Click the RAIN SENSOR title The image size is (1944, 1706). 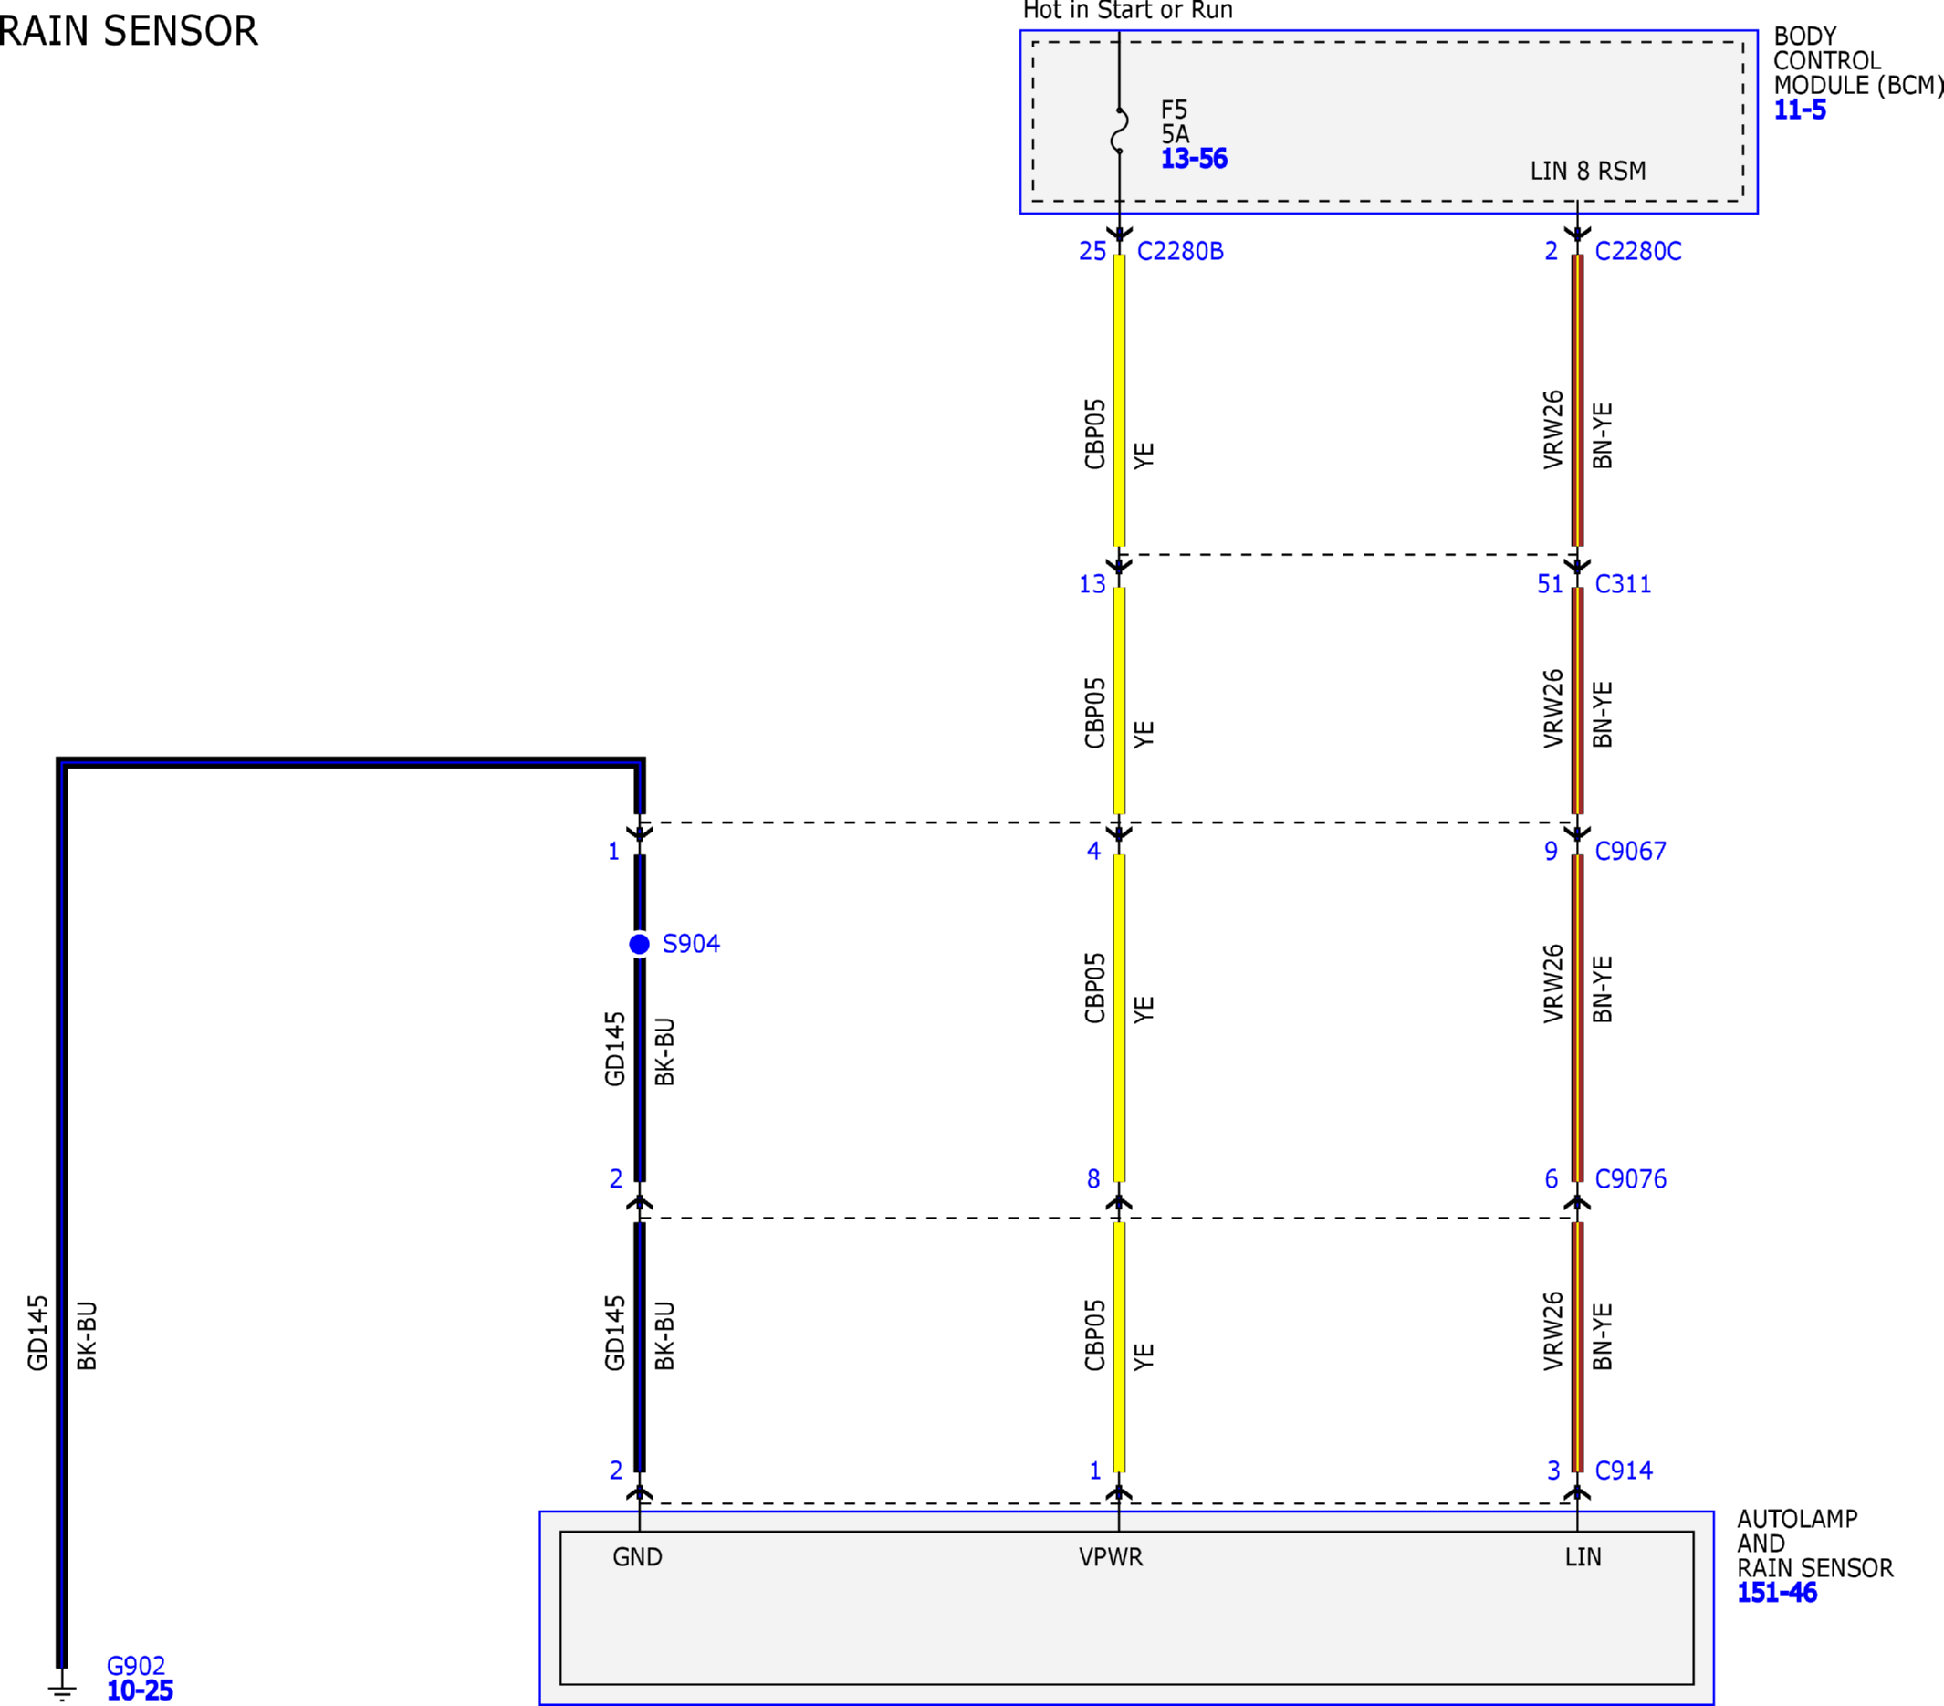tap(128, 30)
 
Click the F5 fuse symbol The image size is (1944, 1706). tap(1120, 131)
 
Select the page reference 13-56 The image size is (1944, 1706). tap(1194, 159)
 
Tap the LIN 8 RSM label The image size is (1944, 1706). tap(1587, 172)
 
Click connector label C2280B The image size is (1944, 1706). tap(1180, 251)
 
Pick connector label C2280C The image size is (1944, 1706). tap(1637, 251)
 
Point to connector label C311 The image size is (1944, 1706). tap(1623, 584)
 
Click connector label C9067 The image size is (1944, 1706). tap(1630, 851)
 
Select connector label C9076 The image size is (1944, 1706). tap(1630, 1179)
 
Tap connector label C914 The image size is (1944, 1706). tap(1624, 1471)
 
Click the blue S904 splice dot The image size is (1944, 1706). tap(639, 945)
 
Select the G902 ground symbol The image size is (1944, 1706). tap(62, 1690)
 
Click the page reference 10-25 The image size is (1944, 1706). tap(140, 1690)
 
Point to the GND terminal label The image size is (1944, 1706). tap(637, 1556)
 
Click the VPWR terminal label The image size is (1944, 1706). tap(1111, 1556)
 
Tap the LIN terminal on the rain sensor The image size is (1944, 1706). tap(1583, 1556)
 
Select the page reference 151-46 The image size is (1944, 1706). tap(1777, 1593)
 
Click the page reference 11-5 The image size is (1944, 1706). tap(1800, 110)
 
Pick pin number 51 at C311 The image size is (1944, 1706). tap(1551, 584)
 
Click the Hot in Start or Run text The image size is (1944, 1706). tap(1128, 10)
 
